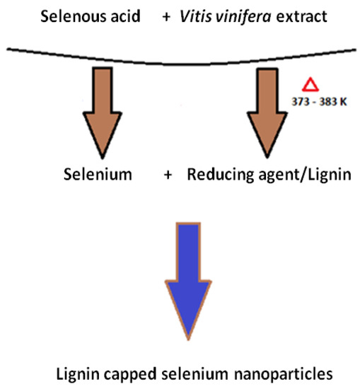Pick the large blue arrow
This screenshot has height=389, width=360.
[x=189, y=283]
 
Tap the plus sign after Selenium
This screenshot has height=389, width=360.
[x=167, y=175]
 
